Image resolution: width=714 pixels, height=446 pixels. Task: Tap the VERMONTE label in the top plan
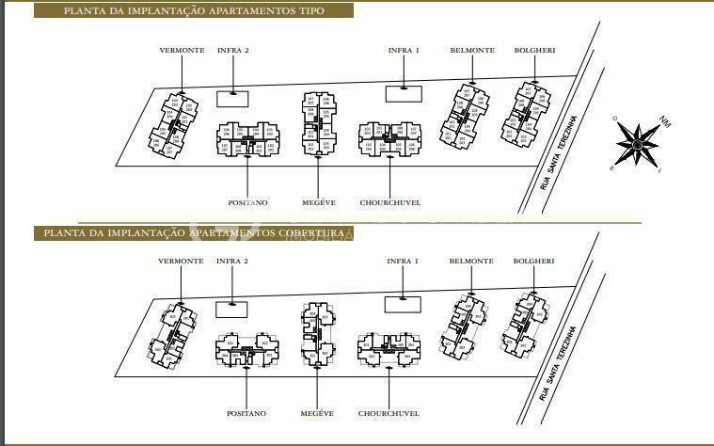pyautogui.click(x=182, y=50)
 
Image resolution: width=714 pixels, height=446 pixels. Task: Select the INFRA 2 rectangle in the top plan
pyautogui.click(x=232, y=97)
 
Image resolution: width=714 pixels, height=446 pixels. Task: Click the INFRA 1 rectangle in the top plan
pyautogui.click(x=403, y=92)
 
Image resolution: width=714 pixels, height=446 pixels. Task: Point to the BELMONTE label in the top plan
pyautogui.click(x=472, y=50)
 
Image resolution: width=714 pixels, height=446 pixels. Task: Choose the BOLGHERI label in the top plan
pyautogui.click(x=533, y=50)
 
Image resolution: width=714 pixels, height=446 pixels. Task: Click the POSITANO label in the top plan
pyautogui.click(x=247, y=202)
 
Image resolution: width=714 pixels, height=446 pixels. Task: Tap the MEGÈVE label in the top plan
pyautogui.click(x=317, y=202)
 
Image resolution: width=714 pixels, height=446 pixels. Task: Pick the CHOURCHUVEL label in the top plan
pyautogui.click(x=389, y=202)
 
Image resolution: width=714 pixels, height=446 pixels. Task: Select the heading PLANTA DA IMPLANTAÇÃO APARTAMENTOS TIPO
pyautogui.click(x=194, y=11)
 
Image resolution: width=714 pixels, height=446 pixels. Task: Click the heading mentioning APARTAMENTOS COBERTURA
pyautogui.click(x=192, y=232)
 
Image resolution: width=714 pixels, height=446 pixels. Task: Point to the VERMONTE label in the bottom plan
pyautogui.click(x=182, y=261)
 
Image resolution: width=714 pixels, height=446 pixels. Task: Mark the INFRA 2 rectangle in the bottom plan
pyautogui.click(x=232, y=308)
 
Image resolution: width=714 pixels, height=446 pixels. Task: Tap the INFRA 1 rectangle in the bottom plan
pyautogui.click(x=403, y=303)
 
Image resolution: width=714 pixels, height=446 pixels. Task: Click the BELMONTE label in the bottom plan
pyautogui.click(x=472, y=261)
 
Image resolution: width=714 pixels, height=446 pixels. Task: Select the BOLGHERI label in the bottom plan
pyautogui.click(x=533, y=261)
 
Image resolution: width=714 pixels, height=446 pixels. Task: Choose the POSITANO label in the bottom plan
pyautogui.click(x=247, y=413)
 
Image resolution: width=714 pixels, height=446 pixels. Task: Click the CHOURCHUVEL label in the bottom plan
pyautogui.click(x=389, y=413)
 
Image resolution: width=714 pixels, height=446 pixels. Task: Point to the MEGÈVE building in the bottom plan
pyautogui.click(x=317, y=334)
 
